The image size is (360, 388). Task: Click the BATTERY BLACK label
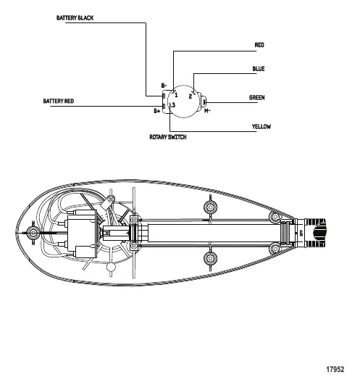pyautogui.click(x=75, y=17)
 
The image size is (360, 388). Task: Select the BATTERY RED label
pyautogui.click(x=59, y=101)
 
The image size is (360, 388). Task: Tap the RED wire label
pyautogui.click(x=259, y=45)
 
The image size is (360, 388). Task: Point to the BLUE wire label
pyautogui.click(x=259, y=69)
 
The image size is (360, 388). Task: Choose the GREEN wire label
pyautogui.click(x=257, y=97)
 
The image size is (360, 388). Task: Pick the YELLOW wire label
pyautogui.click(x=261, y=126)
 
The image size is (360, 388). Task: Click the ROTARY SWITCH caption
pyautogui.click(x=168, y=137)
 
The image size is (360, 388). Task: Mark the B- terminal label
pyautogui.click(x=164, y=86)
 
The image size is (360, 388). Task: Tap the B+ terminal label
pyautogui.click(x=156, y=111)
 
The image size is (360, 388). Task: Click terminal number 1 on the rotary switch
pyautogui.click(x=176, y=94)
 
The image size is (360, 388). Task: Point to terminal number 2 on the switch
pyautogui.click(x=191, y=96)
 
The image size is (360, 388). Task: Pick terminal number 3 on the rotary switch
pyautogui.click(x=174, y=105)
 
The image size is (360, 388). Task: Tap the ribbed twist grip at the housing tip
pyautogui.click(x=318, y=234)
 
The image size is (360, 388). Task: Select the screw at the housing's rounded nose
pyautogui.click(x=32, y=233)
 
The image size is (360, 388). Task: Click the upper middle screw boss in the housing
pyautogui.click(x=211, y=208)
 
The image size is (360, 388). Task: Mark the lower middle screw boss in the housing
pyautogui.click(x=211, y=257)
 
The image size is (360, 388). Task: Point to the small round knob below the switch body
pyautogui.click(x=110, y=267)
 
